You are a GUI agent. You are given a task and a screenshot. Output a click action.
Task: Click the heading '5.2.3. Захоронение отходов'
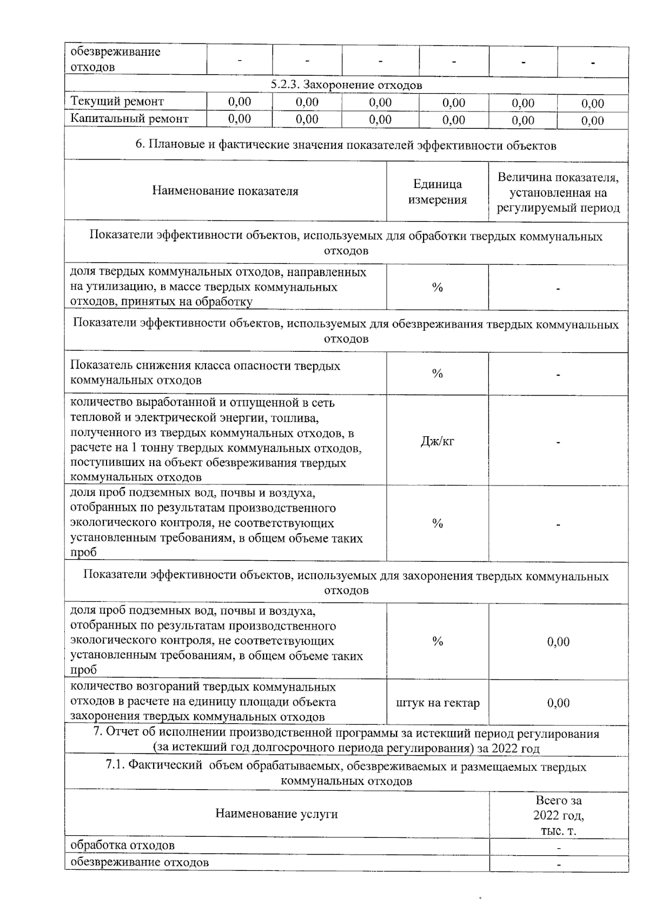tap(346, 86)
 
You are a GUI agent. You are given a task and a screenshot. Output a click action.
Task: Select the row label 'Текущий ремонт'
tap(117, 102)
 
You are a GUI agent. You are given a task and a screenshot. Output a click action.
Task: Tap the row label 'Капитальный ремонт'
tap(130, 119)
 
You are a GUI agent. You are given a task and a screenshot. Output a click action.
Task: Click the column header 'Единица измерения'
tap(438, 192)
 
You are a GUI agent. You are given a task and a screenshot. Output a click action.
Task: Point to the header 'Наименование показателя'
tap(225, 191)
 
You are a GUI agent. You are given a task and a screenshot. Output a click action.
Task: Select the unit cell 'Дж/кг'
tap(438, 441)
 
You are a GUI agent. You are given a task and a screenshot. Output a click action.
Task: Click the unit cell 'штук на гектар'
tap(438, 703)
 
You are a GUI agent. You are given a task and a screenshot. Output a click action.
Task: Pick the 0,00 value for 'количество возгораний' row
tap(558, 703)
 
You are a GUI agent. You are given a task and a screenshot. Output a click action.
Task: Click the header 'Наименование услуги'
tap(276, 814)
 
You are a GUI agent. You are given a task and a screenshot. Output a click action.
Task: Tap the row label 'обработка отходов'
tap(123, 845)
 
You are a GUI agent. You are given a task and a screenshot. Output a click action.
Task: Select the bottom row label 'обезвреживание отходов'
tap(140, 862)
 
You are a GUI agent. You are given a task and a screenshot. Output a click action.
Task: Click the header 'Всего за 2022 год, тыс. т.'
tap(559, 815)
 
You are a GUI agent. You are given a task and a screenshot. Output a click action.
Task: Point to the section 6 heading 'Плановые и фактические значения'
tap(346, 146)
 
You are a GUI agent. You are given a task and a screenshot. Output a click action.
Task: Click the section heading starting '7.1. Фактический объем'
tap(346, 774)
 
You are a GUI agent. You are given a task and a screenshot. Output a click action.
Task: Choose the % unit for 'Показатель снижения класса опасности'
tap(438, 373)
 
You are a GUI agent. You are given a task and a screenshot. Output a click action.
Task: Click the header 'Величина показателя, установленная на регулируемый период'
tap(558, 193)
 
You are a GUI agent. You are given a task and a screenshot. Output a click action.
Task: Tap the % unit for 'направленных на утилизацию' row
tap(438, 287)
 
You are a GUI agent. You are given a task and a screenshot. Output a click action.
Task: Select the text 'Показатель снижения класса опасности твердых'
tap(206, 365)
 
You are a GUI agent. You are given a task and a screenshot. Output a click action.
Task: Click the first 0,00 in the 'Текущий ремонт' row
tap(240, 102)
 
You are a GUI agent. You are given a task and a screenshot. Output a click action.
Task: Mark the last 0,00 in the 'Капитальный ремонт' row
tap(593, 121)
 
